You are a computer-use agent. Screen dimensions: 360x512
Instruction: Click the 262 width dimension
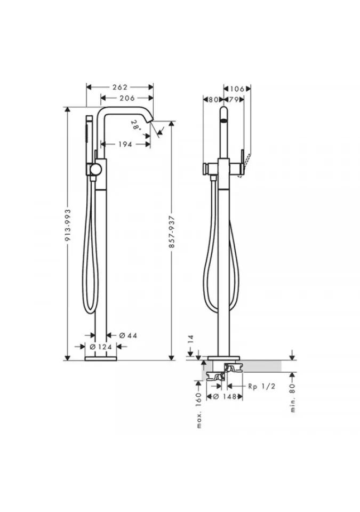(x=120, y=87)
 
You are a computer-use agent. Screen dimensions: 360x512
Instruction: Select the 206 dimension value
(x=127, y=98)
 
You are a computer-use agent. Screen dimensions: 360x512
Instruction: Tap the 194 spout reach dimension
(x=125, y=144)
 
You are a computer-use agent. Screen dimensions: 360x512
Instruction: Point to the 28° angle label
(x=135, y=125)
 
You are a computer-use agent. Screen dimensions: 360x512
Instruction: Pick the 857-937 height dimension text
(x=172, y=232)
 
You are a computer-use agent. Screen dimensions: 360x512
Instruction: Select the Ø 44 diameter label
(x=127, y=335)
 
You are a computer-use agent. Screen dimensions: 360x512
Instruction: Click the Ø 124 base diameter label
(x=101, y=347)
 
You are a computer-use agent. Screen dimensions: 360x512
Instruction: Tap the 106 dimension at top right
(x=237, y=89)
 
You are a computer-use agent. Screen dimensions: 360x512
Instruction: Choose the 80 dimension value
(x=213, y=100)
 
